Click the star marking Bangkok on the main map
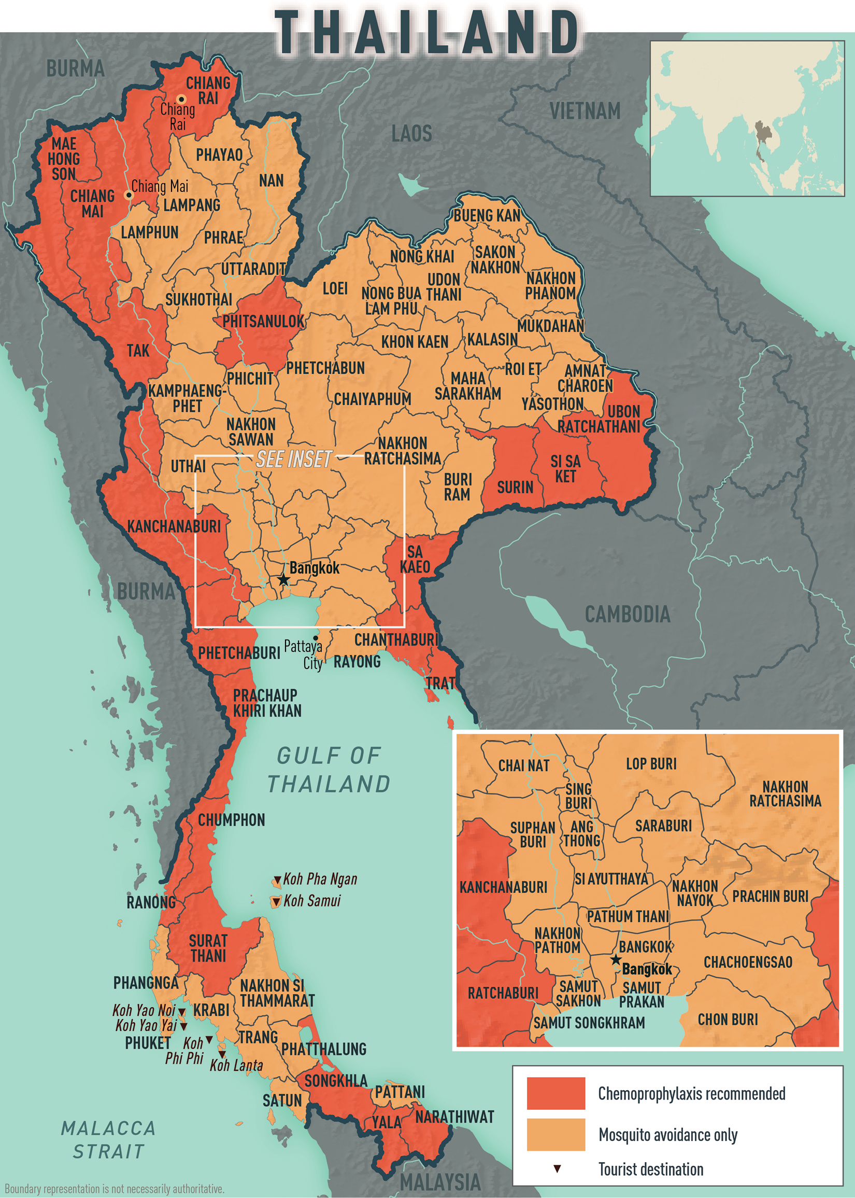pyautogui.click(x=283, y=579)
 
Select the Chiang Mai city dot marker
pyautogui.click(x=129, y=195)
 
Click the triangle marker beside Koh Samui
pyautogui.click(x=276, y=902)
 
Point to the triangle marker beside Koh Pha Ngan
pyautogui.click(x=277, y=880)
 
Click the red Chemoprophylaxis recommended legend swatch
pyautogui.click(x=555, y=1094)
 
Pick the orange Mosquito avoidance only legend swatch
pyautogui.click(x=555, y=1135)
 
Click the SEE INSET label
pyautogui.click(x=294, y=459)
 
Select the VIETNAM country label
pyautogui.click(x=585, y=112)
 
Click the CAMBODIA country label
pyautogui.click(x=628, y=614)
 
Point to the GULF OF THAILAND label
pyautogui.click(x=329, y=770)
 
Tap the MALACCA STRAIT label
pyautogui.click(x=108, y=1139)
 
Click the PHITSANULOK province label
pyautogui.click(x=263, y=322)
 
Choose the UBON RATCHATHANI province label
pyautogui.click(x=599, y=419)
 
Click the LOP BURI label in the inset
pyautogui.click(x=651, y=764)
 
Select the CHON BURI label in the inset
pyautogui.click(x=728, y=1020)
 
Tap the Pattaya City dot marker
pyautogui.click(x=316, y=638)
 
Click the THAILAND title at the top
pyautogui.click(x=427, y=33)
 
